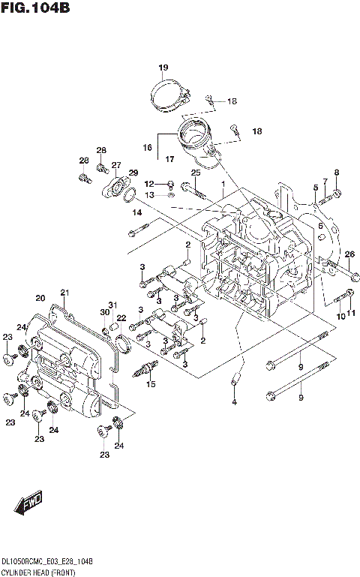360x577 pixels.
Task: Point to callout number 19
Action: [x=163, y=68]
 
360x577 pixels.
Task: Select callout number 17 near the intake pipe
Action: [x=170, y=158]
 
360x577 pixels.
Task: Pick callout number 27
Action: [x=116, y=165]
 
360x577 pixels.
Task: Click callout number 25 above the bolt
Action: [x=195, y=173]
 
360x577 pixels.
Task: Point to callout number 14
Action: [x=137, y=212]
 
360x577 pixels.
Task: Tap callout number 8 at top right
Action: [x=336, y=173]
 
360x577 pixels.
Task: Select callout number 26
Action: [x=349, y=254]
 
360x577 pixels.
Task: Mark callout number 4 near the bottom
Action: [x=233, y=402]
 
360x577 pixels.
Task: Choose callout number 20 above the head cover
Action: [x=40, y=298]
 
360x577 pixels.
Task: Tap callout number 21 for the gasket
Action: [x=64, y=292]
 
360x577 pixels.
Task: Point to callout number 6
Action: [x=320, y=225]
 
